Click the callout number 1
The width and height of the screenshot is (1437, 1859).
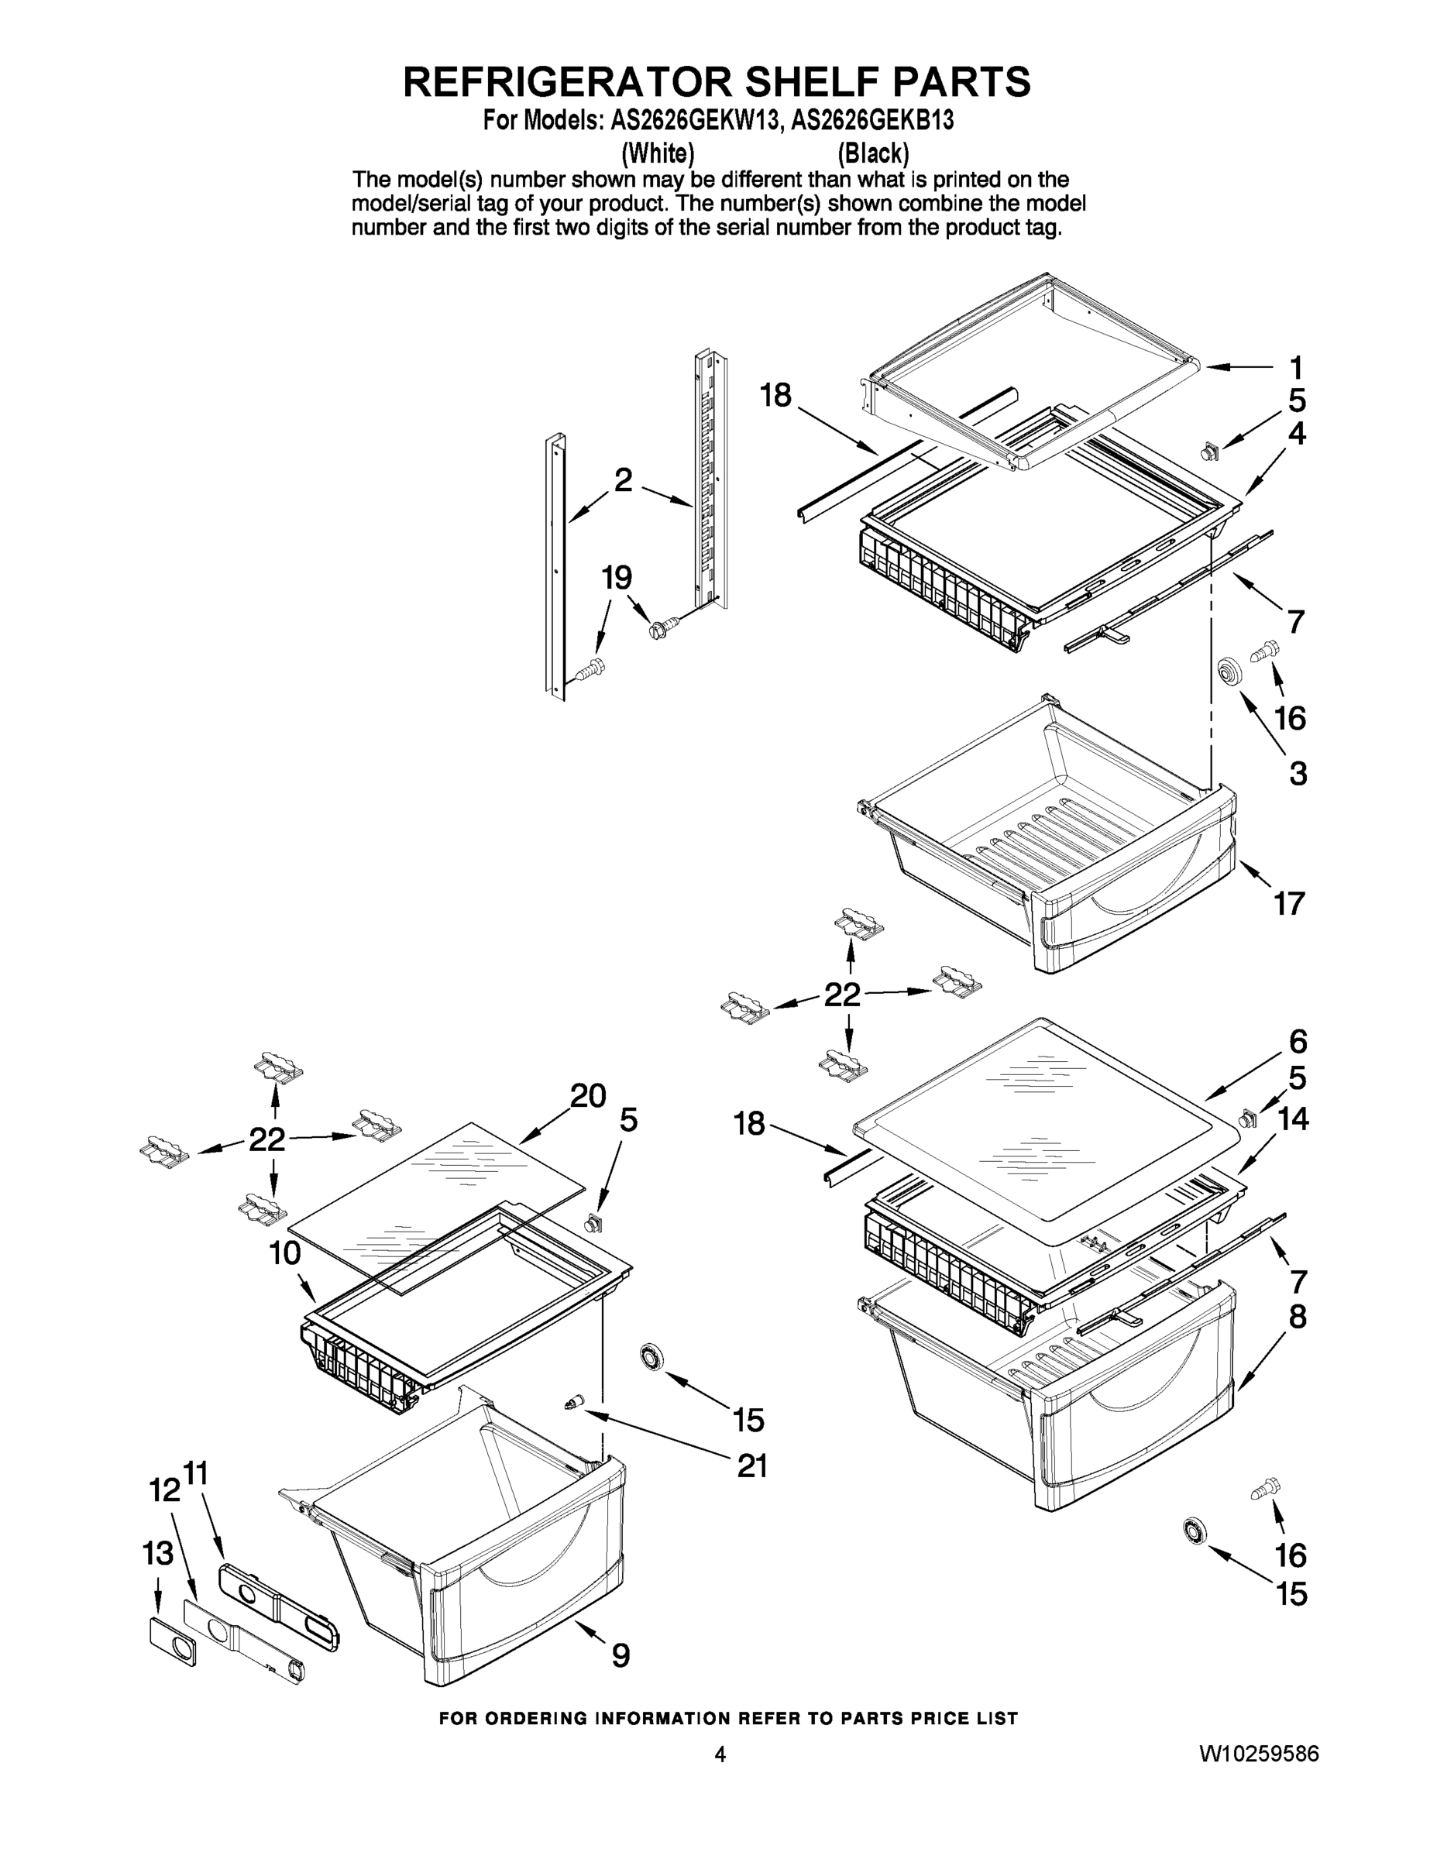tap(1294, 369)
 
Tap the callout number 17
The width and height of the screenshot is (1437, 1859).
tap(1289, 903)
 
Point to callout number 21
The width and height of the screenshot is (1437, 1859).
tap(751, 1466)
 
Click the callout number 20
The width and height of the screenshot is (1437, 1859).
tap(587, 1095)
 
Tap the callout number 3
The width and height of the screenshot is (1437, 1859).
tap(1297, 774)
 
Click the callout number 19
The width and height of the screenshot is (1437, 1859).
tap(617, 578)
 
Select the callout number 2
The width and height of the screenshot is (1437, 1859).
tap(623, 480)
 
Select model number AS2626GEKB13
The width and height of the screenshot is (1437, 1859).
tap(871, 121)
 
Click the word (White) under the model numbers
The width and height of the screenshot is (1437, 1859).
tap(658, 153)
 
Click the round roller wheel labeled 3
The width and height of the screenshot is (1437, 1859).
tap(1228, 671)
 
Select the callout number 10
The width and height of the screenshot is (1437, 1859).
tap(285, 1254)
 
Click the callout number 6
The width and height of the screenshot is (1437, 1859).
tap(1298, 1041)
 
